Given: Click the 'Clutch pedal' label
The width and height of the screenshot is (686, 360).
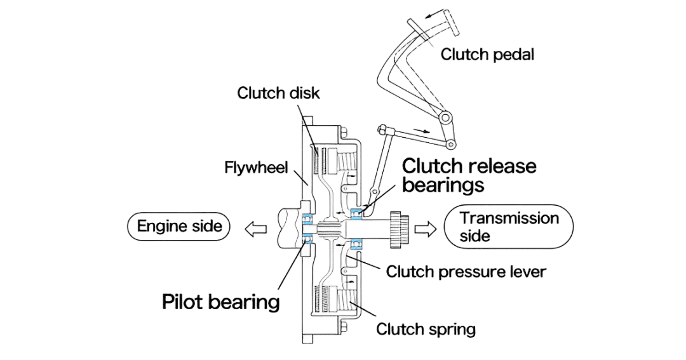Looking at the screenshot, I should pyautogui.click(x=487, y=55).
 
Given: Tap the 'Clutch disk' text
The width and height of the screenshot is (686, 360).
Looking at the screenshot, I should pyautogui.click(x=278, y=93).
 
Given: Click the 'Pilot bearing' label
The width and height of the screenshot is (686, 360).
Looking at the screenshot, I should pyautogui.click(x=220, y=301).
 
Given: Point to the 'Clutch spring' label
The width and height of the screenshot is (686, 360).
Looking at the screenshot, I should pyautogui.click(x=426, y=330).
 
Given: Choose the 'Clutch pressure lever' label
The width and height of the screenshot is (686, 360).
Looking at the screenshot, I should pyautogui.click(x=466, y=272).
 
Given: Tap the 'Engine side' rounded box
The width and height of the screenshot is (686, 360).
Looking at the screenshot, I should pyautogui.click(x=180, y=226).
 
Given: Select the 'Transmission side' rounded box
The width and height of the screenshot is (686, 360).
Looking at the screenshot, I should pyautogui.click(x=509, y=227).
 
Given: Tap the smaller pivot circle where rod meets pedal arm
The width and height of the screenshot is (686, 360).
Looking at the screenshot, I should pyautogui.click(x=452, y=143).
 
